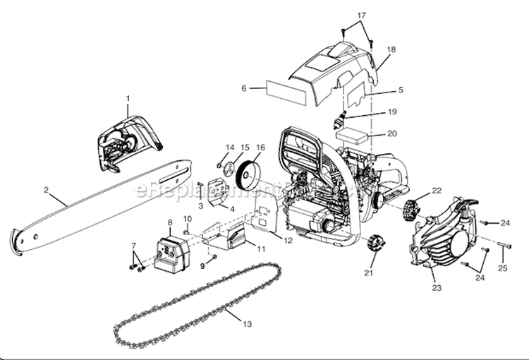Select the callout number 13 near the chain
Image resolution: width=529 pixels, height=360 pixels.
(246, 324)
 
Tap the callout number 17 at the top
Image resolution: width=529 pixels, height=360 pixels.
(362, 15)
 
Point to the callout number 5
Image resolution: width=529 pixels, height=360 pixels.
(401, 90)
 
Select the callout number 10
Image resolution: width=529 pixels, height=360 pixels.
(188, 219)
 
